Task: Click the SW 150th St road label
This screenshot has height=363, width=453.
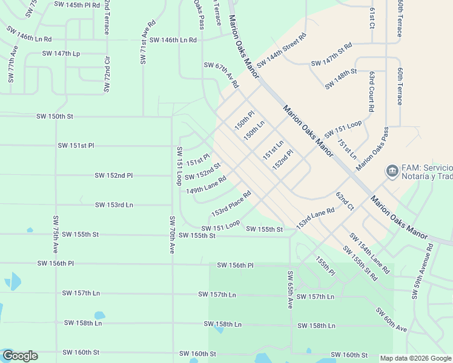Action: point(55,116)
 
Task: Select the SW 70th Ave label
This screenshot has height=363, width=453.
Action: point(172,234)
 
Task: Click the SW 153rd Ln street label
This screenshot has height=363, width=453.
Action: point(114,205)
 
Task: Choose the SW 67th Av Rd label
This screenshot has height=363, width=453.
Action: point(221,76)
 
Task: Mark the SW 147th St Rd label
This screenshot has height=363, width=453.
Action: point(331,54)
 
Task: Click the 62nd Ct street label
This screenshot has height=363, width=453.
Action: point(345,201)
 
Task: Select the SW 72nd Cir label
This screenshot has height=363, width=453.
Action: point(107,75)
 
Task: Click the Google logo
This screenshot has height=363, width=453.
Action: point(20,356)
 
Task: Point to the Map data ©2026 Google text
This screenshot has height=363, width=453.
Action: point(415,358)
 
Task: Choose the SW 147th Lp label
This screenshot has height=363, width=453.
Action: point(58,54)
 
